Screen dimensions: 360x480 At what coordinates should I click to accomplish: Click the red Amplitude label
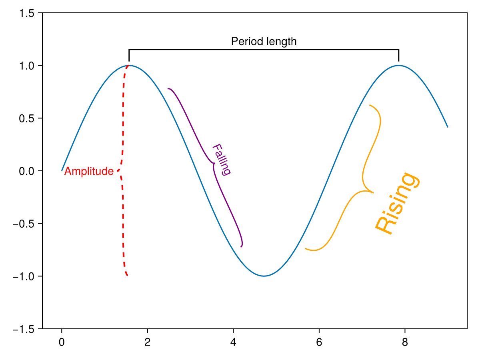tap(89, 171)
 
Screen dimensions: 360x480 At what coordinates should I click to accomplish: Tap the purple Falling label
tap(221, 160)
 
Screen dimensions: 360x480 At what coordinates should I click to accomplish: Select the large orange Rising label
tap(398, 203)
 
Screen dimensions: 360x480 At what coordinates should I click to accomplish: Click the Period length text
tap(264, 41)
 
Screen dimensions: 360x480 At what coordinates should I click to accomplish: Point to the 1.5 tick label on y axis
tap(27, 13)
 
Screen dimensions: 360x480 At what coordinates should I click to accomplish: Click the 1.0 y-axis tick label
tap(27, 66)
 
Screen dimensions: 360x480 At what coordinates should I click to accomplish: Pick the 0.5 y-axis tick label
tap(27, 118)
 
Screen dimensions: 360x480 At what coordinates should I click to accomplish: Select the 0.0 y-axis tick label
tap(27, 171)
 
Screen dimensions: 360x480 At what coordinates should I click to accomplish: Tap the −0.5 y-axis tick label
tap(25, 224)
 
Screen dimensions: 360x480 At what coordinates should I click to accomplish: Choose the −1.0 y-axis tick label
tap(25, 276)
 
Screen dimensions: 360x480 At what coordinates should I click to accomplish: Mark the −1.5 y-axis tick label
tap(25, 329)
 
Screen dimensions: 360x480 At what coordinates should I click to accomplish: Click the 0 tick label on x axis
tap(62, 342)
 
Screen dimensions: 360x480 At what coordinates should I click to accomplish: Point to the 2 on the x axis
tap(148, 342)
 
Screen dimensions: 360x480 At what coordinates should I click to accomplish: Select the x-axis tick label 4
tap(233, 342)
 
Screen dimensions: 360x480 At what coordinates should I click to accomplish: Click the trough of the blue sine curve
tap(264, 276)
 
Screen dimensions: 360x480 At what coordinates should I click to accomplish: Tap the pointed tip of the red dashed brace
tap(118, 171)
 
